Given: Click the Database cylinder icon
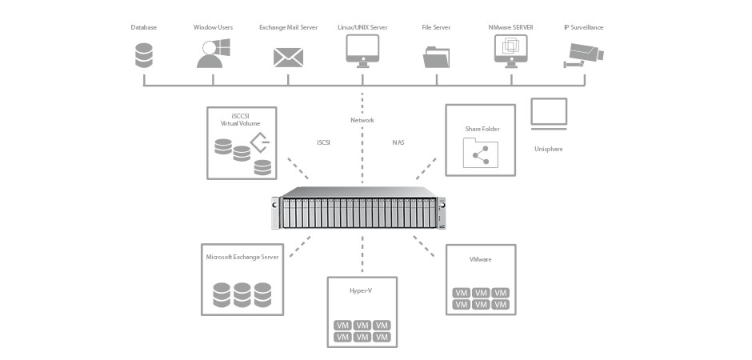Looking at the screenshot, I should pos(144,55).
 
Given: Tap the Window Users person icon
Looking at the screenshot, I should pos(213,54).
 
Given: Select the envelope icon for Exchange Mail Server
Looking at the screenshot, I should pos(288,57).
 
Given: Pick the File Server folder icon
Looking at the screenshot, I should pos(437,57).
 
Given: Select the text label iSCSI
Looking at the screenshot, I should pos(325,142).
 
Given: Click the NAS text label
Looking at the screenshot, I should pos(398,142).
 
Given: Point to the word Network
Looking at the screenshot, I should pos(362,120).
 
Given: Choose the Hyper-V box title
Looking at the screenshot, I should pos(361,290).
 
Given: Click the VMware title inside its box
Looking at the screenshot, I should pos(480,260).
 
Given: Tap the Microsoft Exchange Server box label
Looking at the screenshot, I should pos(242,258).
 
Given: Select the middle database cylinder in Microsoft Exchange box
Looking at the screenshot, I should pos(242,294).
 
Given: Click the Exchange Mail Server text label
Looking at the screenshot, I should pos(288,27).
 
